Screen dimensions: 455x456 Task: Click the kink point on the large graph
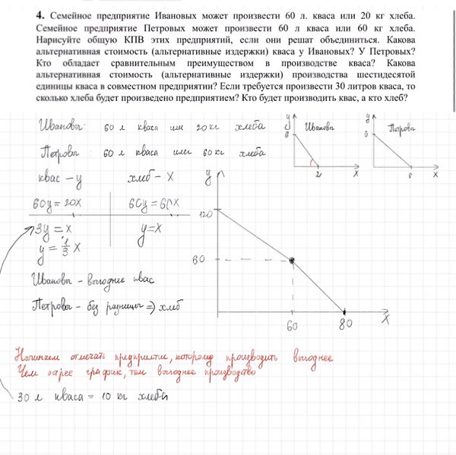click(x=292, y=261)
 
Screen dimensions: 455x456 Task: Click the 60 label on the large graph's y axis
click(x=200, y=259)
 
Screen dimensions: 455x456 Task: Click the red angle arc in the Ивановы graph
click(x=312, y=160)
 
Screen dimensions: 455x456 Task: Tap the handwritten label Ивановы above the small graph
click(x=320, y=127)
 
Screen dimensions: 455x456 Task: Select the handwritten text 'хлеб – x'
click(x=147, y=179)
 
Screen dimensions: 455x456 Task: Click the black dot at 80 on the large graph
click(x=345, y=311)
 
